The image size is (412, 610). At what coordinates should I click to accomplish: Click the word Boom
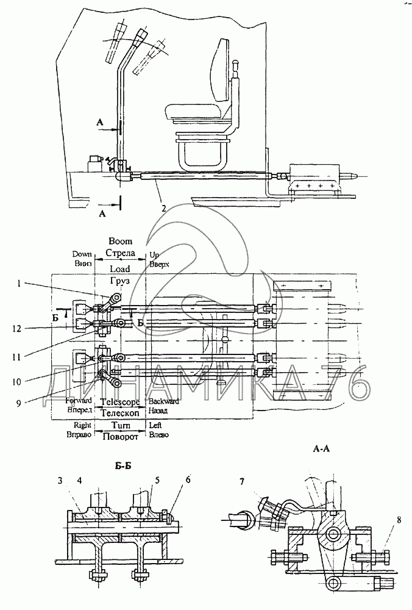coord(119,242)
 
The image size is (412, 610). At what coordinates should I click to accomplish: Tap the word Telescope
coord(120,403)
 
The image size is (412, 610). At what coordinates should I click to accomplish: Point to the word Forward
coord(80,403)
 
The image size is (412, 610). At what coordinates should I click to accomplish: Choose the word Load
coord(120,268)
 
